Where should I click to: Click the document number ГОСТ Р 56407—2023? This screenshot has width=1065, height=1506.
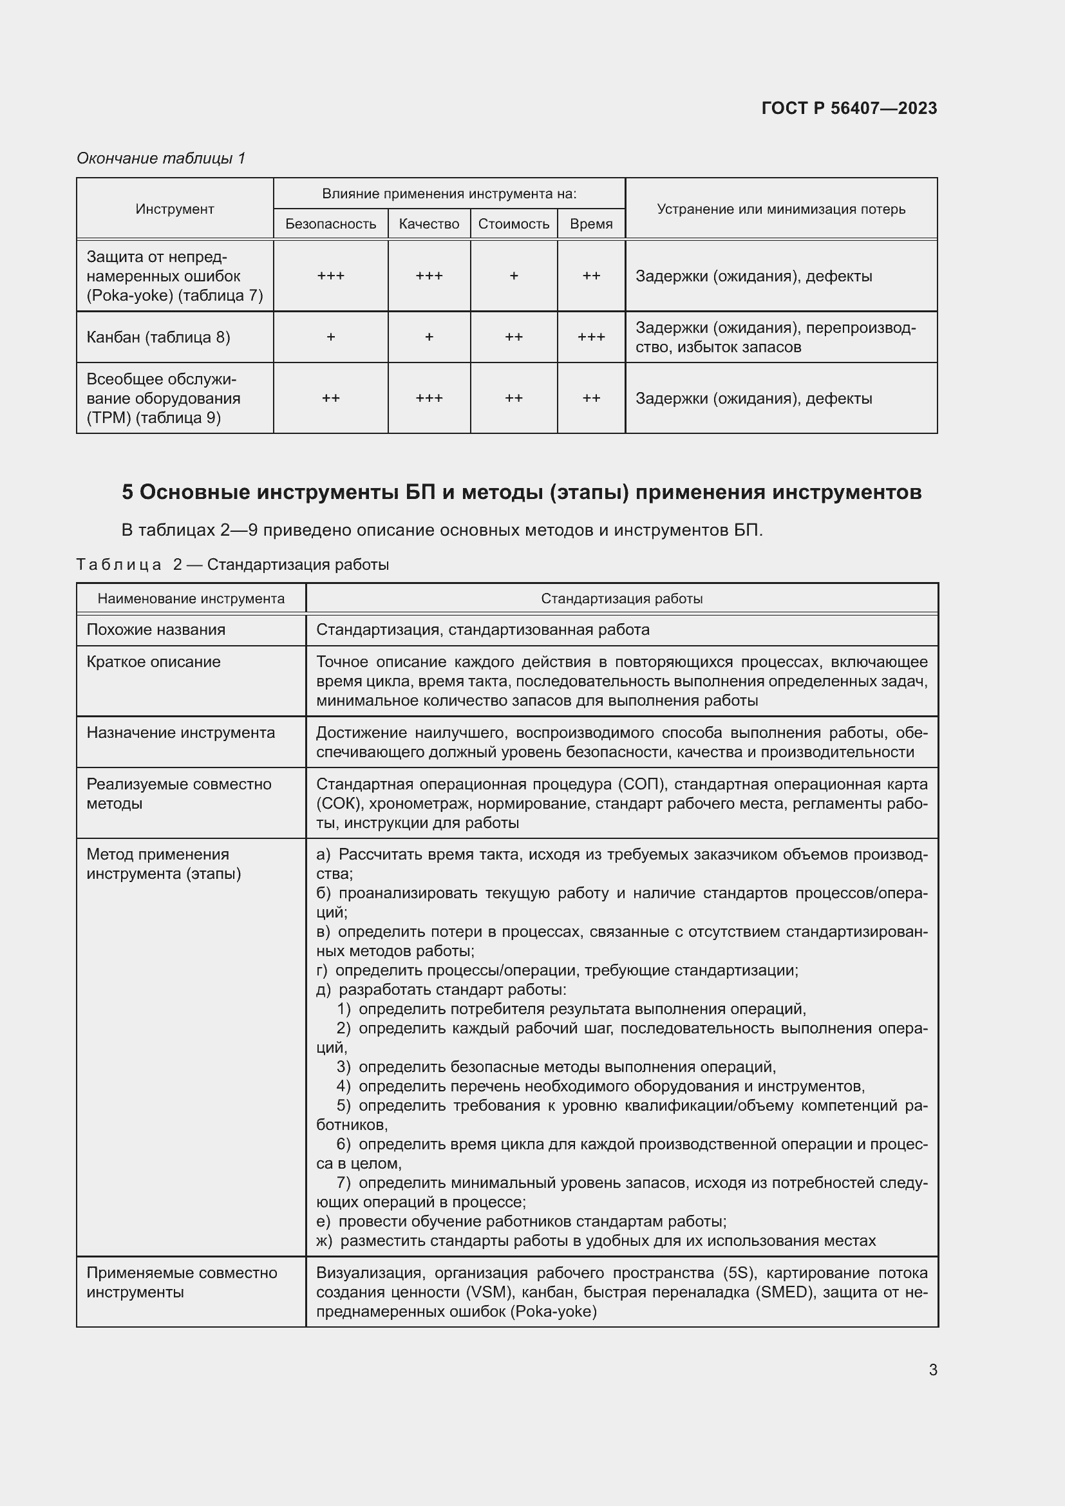pyautogui.click(x=849, y=108)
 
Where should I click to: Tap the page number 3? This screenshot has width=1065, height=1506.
pyautogui.click(x=932, y=1370)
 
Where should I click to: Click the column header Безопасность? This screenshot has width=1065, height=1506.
pyautogui.click(x=330, y=224)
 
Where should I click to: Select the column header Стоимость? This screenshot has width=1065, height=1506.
pyautogui.click(x=513, y=224)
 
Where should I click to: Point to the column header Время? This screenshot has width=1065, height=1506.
pyautogui.click(x=591, y=224)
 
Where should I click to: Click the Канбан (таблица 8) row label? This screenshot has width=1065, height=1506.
pyautogui.click(x=158, y=337)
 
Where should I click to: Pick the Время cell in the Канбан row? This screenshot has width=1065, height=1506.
pyautogui.click(x=591, y=337)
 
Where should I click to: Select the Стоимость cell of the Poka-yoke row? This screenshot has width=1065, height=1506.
pyautogui.click(x=513, y=276)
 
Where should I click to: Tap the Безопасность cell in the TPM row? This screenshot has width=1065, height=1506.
pyautogui.click(x=330, y=398)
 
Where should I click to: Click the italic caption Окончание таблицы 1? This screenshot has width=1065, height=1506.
pyautogui.click(x=161, y=158)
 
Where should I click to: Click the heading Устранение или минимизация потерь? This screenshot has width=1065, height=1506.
pyautogui.click(x=780, y=209)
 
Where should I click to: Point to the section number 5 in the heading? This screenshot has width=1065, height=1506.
pyautogui.click(x=127, y=492)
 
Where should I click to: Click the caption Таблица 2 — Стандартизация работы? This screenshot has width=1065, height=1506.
pyautogui.click(x=232, y=565)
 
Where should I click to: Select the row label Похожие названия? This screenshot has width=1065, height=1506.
pyautogui.click(x=156, y=630)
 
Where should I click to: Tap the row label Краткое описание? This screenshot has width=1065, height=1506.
pyautogui.click(x=153, y=662)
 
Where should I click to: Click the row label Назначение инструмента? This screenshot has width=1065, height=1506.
pyautogui.click(x=180, y=733)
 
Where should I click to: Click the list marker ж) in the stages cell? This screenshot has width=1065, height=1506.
pyautogui.click(x=324, y=1241)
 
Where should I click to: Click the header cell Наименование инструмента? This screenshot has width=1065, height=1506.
pyautogui.click(x=191, y=599)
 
